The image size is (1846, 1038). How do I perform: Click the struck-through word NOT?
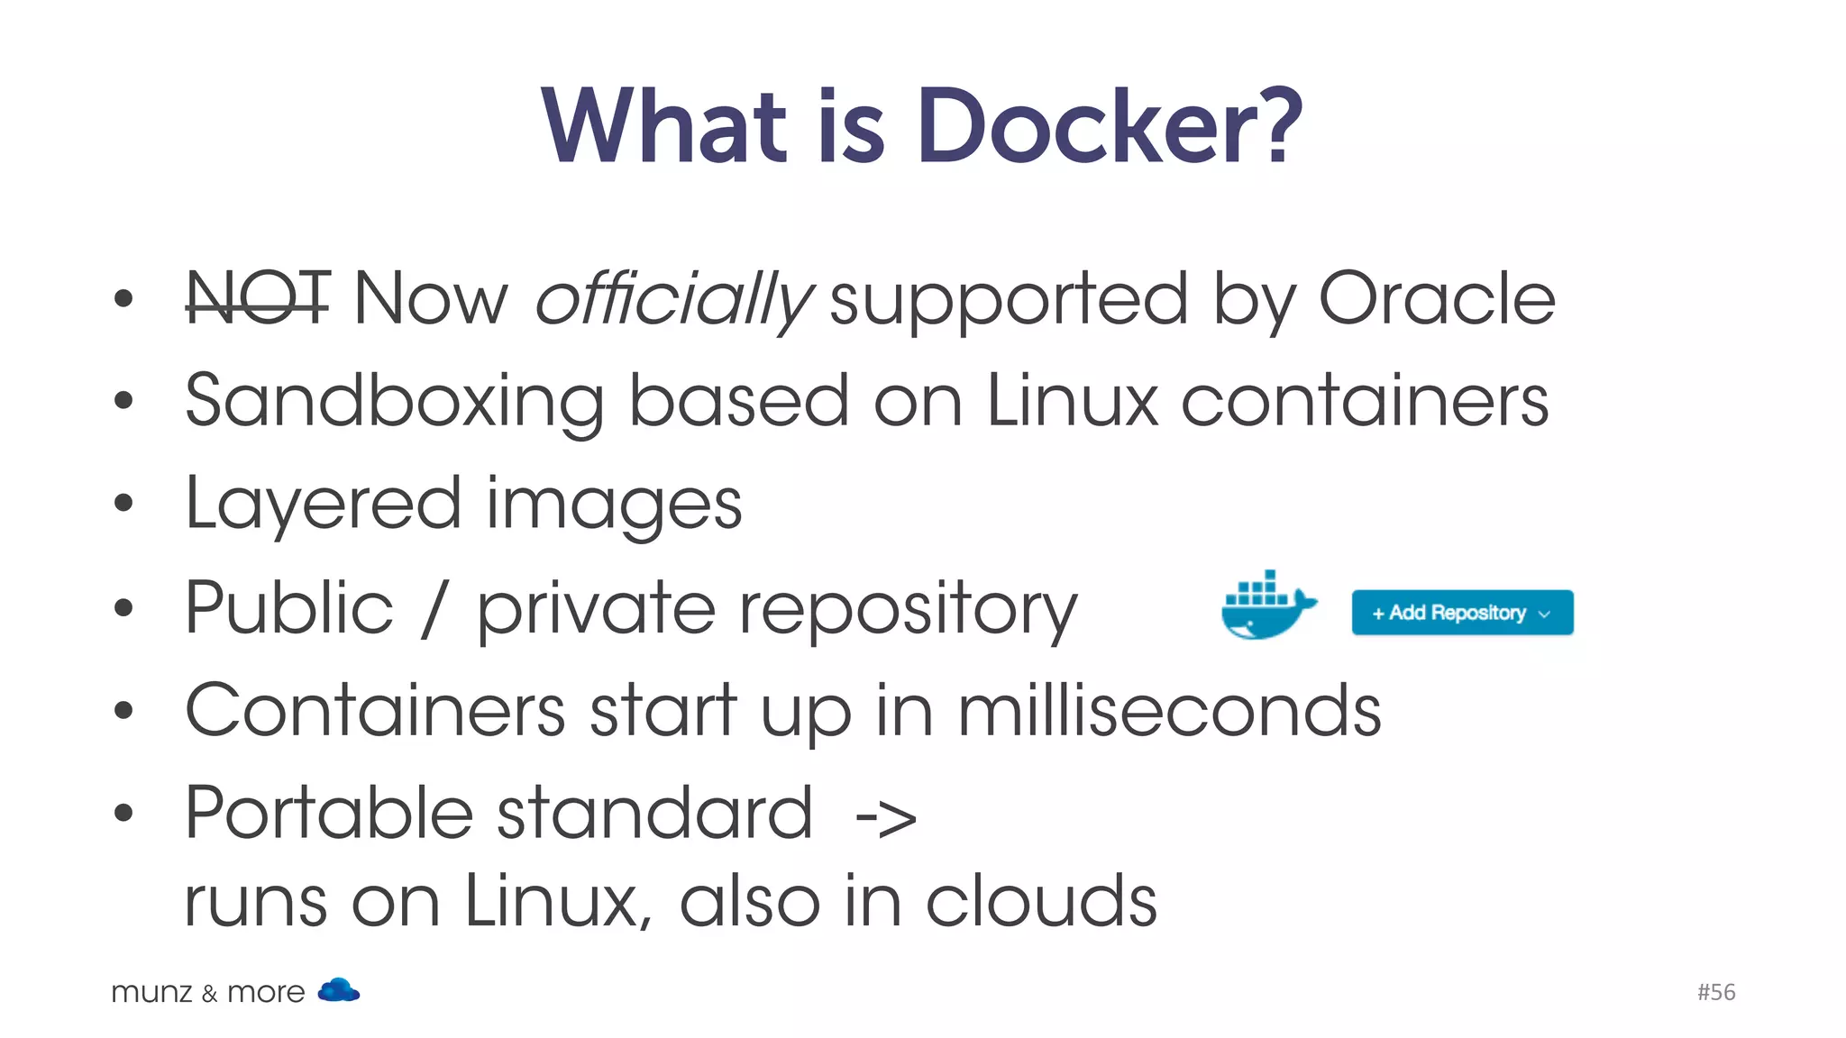258,299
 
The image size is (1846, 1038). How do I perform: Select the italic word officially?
674,299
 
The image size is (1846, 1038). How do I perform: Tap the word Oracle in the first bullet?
1437,299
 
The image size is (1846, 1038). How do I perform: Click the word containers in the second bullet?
1365,402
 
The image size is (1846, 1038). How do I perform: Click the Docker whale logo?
1266,606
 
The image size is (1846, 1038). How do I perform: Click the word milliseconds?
1169,711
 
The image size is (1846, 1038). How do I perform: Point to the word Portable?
329,813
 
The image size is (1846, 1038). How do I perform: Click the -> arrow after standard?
885,818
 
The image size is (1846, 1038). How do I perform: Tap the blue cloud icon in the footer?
339,990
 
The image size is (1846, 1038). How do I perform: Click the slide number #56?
1716,992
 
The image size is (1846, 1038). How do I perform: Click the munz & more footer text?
208,992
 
